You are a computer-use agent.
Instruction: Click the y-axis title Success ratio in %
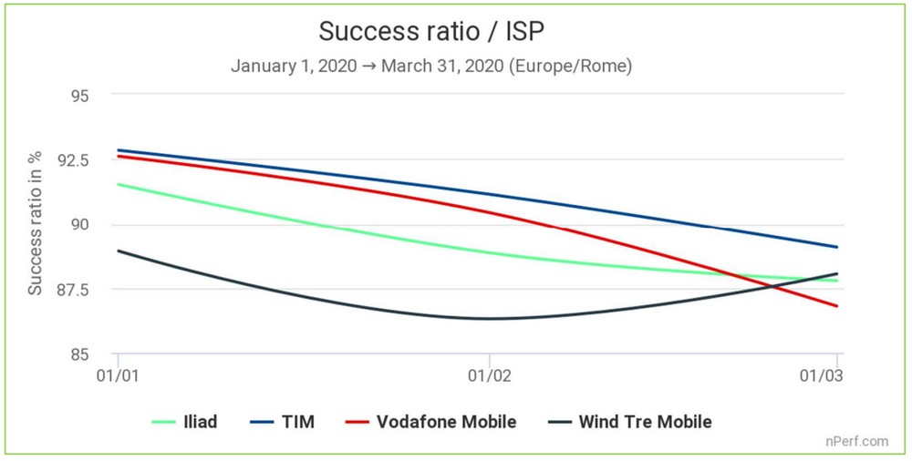coord(36,224)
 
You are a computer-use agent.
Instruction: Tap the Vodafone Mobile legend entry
coord(432,422)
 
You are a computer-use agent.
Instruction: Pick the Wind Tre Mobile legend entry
coord(631,422)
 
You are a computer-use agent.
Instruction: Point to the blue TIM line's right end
coord(837,247)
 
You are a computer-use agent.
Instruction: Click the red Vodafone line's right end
coord(837,306)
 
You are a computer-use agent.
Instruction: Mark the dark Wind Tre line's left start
coord(119,251)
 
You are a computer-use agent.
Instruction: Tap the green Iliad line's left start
coord(119,185)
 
